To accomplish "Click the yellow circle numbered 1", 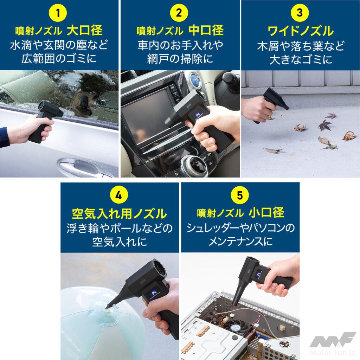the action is click(58, 13).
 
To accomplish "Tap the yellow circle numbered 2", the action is click(179, 13).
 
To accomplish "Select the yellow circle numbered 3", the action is click(300, 13).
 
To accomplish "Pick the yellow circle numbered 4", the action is click(119, 195).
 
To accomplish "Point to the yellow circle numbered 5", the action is click(240, 195).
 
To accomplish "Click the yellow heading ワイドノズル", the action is click(300, 31).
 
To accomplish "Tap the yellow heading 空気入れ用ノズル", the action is click(120, 213).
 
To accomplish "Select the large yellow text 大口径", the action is click(84, 31).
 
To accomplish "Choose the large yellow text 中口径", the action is click(206, 31).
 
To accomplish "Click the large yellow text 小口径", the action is click(266, 213).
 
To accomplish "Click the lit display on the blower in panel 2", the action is click(198, 115).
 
